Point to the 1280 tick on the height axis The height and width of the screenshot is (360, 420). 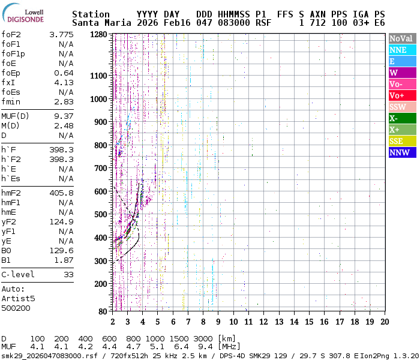click(x=100, y=35)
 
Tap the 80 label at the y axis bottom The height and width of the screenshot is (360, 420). click(x=104, y=311)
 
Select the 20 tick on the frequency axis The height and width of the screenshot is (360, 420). click(x=384, y=322)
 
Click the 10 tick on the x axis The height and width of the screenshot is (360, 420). click(x=233, y=322)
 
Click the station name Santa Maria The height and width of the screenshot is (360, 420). click(x=100, y=23)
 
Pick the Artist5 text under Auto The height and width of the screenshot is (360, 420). click(x=18, y=298)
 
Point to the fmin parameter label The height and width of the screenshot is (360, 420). click(x=11, y=102)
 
